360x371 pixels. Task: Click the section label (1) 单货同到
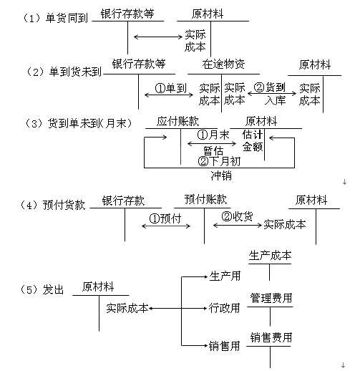point(55,18)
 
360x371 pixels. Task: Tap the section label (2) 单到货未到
point(64,72)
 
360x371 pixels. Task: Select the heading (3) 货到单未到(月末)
point(78,123)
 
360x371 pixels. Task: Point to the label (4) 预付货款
point(52,205)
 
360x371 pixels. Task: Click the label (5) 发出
point(42,289)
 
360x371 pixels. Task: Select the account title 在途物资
point(223,64)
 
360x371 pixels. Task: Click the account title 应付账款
point(177,121)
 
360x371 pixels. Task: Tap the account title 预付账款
point(205,199)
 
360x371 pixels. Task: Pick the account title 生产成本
point(270,256)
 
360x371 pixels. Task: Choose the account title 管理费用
point(271,298)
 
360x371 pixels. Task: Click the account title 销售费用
point(271,337)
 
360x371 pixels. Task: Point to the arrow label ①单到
point(171,88)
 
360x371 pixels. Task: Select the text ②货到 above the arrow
point(270,87)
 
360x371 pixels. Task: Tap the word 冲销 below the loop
point(221,176)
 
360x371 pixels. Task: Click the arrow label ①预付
point(165,218)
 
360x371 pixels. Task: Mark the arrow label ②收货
point(237,216)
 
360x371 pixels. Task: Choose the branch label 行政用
point(225,308)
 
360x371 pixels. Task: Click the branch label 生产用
point(225,276)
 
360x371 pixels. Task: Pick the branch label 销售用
point(224,346)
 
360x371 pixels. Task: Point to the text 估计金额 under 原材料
point(253,140)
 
